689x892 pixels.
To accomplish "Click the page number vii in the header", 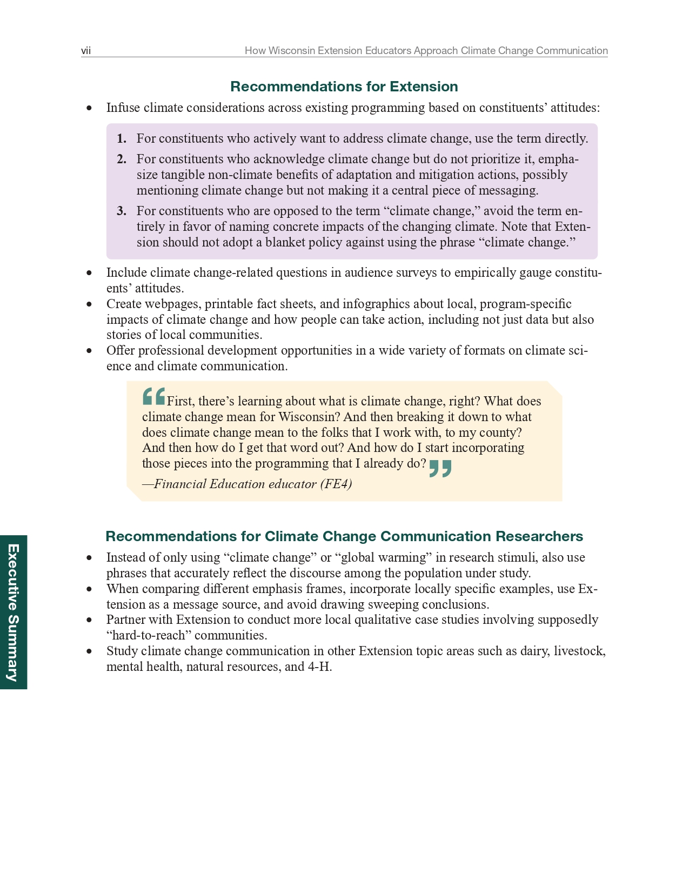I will tap(86, 51).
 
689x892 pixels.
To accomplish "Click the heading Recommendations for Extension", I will tap(344, 86).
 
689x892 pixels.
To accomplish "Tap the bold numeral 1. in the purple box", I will tap(122, 139).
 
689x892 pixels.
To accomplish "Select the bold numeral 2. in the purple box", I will tap(122, 159).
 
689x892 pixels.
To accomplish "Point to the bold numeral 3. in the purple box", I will tap(122, 211).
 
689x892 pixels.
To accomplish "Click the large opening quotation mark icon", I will tap(153, 396).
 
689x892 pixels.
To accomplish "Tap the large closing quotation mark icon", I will tap(440, 468).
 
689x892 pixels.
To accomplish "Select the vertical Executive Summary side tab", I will tap(13, 612).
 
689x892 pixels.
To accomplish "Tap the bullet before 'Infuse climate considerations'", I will tap(89, 108).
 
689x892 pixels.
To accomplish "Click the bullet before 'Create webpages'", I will tap(89, 304).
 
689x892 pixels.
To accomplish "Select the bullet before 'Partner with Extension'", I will tap(89, 620).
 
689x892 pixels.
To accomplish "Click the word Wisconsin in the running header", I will tap(291, 51).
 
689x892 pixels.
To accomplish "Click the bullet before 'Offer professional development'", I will tap(89, 351).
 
